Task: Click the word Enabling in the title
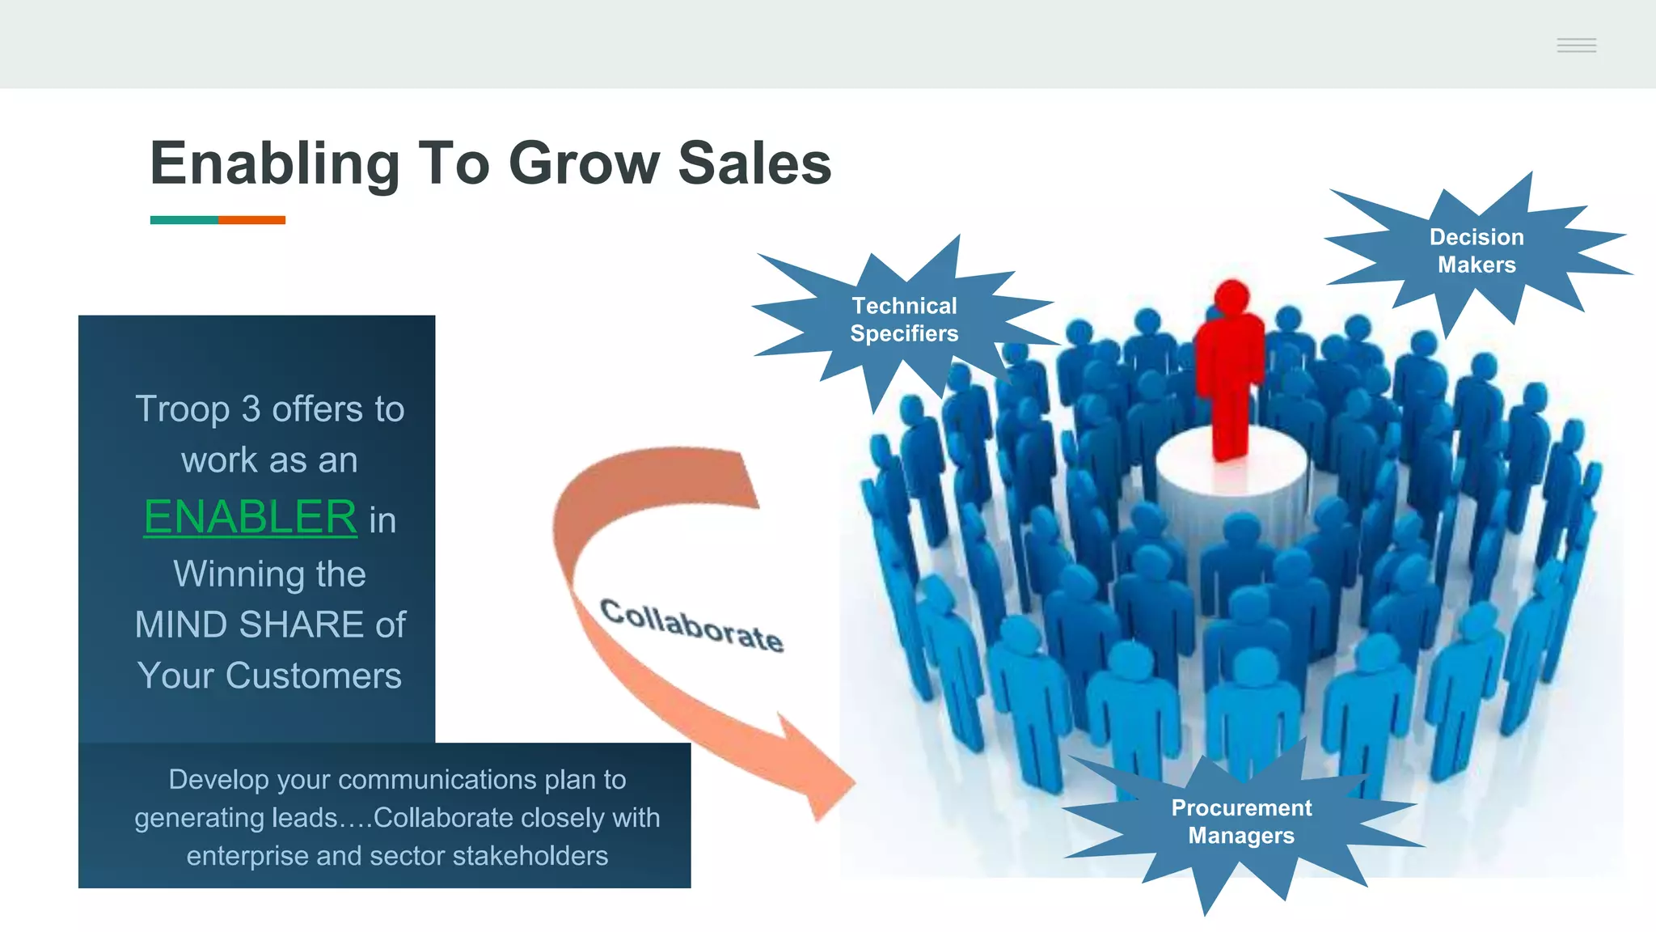[274, 164]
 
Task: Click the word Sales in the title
[754, 163]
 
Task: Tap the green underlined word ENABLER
[250, 517]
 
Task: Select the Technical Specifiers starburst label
[904, 320]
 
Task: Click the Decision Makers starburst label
[1476, 251]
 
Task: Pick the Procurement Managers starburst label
[1241, 821]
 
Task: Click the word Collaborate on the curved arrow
[691, 625]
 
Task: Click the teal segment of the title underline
[184, 220]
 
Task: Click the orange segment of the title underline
[251, 220]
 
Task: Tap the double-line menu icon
[1576, 45]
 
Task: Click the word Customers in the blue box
[313, 676]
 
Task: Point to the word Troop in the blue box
[182, 409]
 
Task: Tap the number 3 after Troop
[251, 409]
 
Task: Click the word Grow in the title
[584, 164]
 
